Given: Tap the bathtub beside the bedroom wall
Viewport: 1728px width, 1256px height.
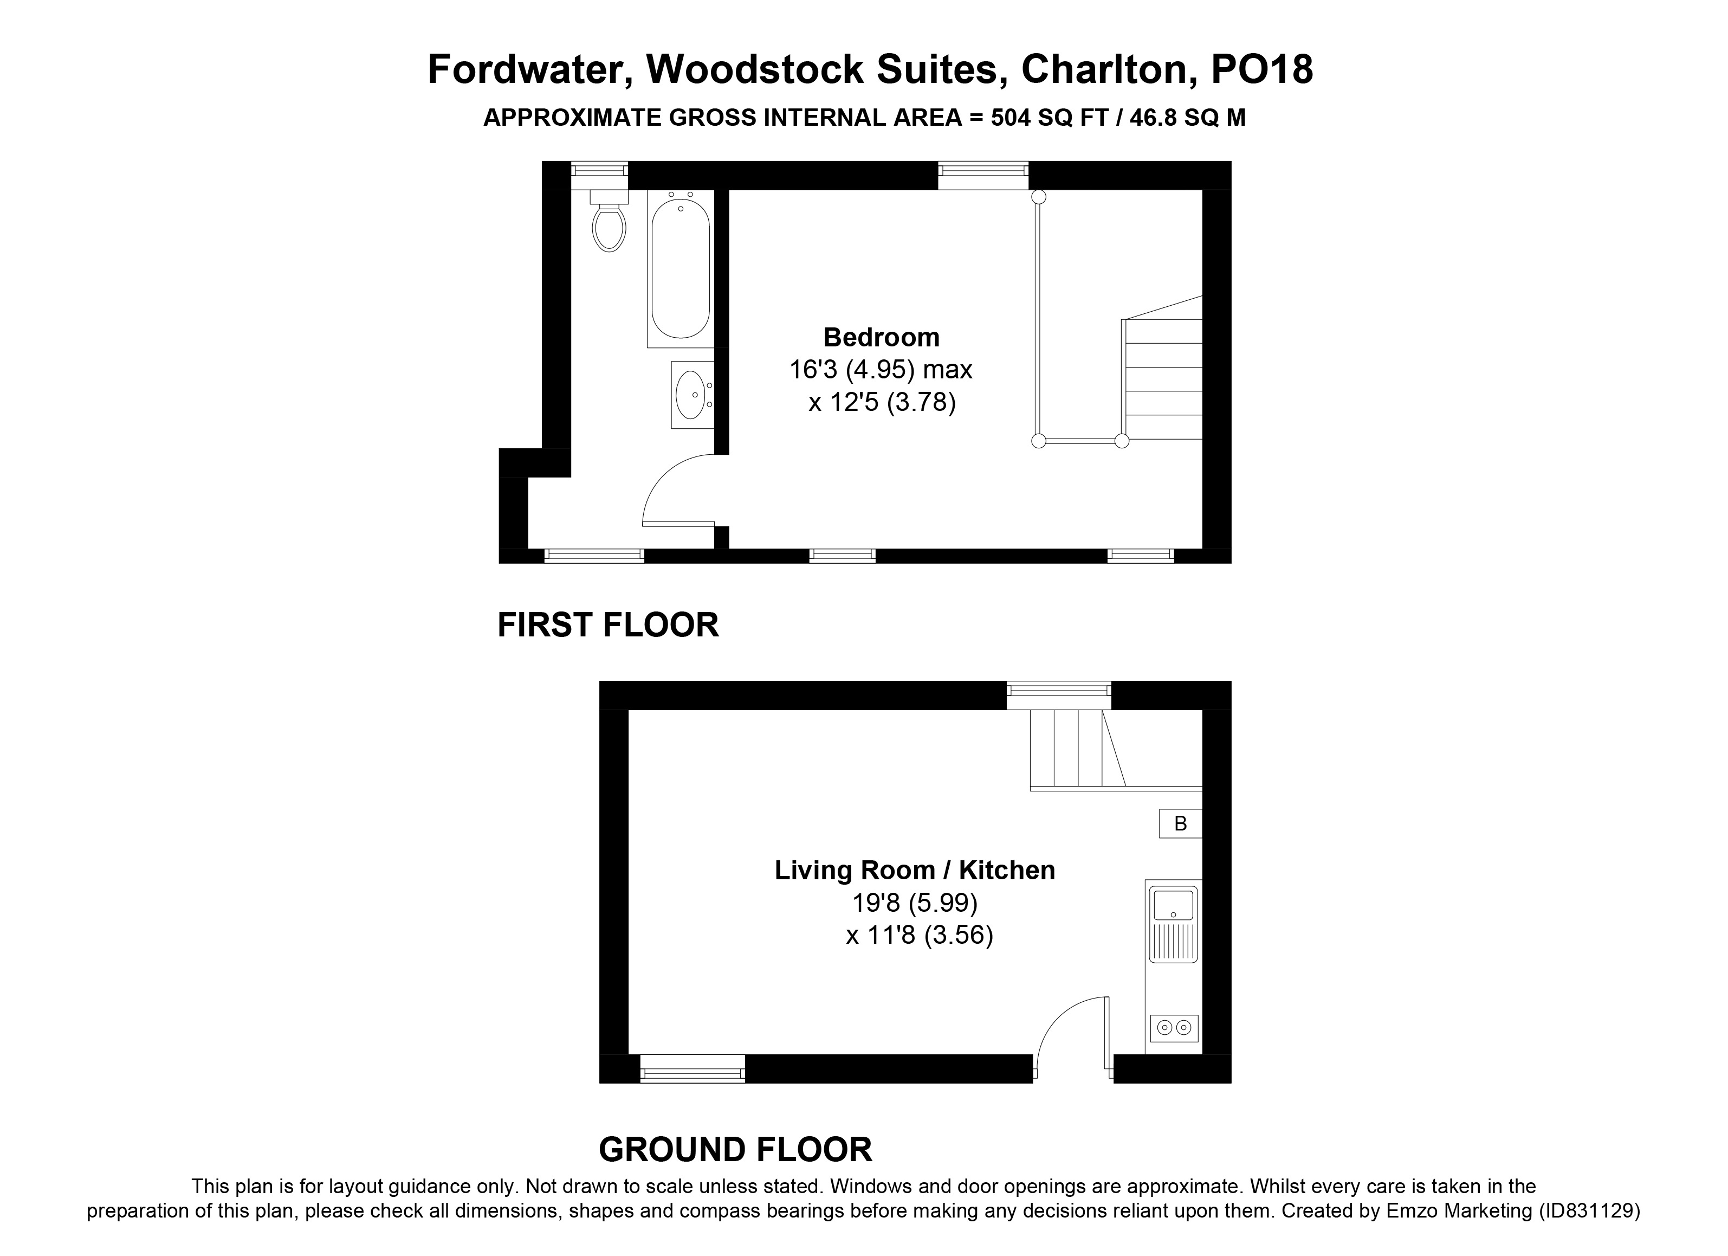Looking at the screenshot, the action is click(681, 268).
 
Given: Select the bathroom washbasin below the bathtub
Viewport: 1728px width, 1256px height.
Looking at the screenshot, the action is click(692, 395).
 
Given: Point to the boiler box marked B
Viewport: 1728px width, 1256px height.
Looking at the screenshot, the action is click(1180, 823).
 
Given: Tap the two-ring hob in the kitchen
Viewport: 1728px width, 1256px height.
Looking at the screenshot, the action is click(1173, 1028).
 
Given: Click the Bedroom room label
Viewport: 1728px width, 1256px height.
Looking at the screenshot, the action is click(882, 337).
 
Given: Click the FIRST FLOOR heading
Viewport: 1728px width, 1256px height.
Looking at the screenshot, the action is click(608, 625).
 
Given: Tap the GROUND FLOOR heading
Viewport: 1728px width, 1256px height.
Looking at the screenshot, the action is click(735, 1149).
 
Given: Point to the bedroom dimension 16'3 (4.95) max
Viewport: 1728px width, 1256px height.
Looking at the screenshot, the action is click(881, 370).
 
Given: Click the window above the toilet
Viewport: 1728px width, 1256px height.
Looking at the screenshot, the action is click(600, 175).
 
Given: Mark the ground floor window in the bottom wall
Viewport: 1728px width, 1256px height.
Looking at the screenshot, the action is click(693, 1068).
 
